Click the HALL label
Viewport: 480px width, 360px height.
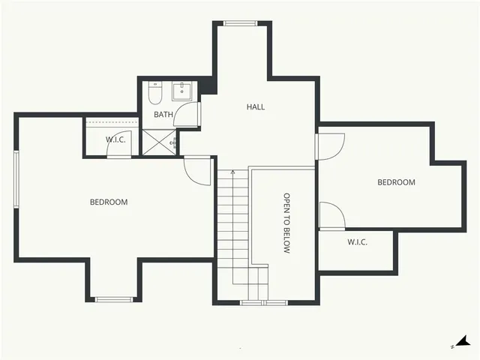pos(256,106)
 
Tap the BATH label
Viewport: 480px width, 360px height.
pos(163,115)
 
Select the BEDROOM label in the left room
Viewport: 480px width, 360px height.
pos(109,202)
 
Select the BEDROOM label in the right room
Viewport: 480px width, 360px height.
pos(396,182)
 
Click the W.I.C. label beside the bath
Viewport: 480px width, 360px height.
pos(115,139)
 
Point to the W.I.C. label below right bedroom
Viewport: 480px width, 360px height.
pos(357,242)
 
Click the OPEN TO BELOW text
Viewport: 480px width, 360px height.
pos(286,223)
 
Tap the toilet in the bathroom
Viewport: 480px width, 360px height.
pos(155,94)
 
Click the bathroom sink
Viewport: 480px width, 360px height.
pos(182,91)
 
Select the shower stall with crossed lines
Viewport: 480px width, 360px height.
pos(158,142)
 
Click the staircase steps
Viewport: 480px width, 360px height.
pos(233,225)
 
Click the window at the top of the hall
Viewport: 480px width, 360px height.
pos(240,24)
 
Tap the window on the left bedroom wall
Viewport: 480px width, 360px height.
pos(16,177)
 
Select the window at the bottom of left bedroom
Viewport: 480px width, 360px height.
pos(114,299)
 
